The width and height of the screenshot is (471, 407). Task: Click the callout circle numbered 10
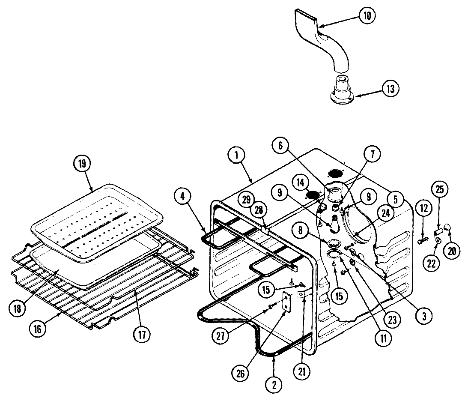point(367,16)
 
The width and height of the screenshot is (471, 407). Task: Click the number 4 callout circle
point(183,198)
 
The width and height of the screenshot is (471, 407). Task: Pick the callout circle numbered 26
point(241,373)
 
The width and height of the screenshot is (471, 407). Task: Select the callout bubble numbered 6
point(280,146)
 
